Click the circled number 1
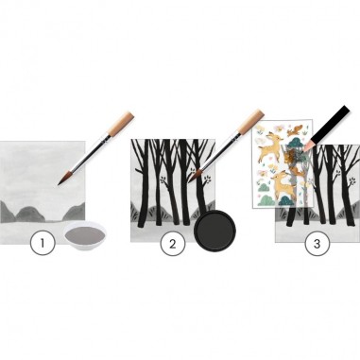point(43,243)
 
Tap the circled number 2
point(173,244)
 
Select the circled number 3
point(317,244)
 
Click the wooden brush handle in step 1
point(121,123)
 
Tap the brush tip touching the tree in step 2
point(194,176)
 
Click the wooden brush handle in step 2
point(251,121)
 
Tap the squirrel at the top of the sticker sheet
point(295,129)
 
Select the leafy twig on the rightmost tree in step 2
point(207,180)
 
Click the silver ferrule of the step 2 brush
point(234,139)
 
